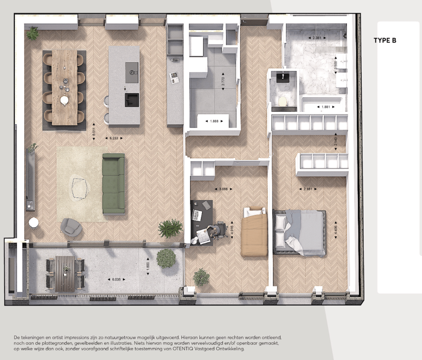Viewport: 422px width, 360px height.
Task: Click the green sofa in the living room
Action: coord(113,184)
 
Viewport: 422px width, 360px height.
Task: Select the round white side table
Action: coord(34,223)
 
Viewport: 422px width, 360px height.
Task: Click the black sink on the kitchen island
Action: coord(132,100)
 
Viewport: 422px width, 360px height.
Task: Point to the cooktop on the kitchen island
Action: coord(132,73)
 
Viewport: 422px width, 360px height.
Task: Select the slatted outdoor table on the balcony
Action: coord(65,274)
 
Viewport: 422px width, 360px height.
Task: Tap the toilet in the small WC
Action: coord(282,101)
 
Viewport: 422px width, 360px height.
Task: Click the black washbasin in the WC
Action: coord(282,77)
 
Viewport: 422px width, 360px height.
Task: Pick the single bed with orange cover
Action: coord(254,233)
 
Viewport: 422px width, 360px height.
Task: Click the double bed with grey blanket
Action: coord(300,232)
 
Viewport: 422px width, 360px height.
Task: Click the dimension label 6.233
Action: coord(114,138)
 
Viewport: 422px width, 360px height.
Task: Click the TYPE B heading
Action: coord(384,40)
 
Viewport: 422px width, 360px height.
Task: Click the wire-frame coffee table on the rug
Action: coord(80,187)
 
